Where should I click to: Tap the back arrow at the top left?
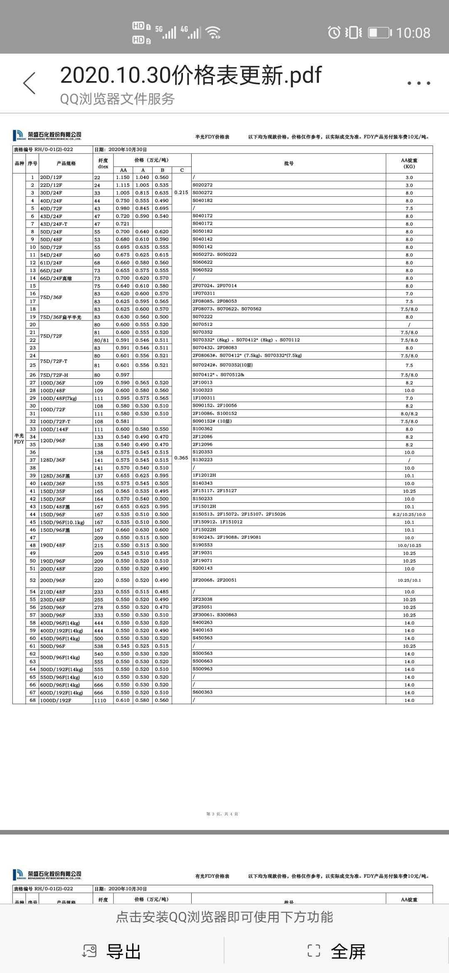coord(30,83)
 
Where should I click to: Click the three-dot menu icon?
coord(419,83)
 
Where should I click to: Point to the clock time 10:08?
coord(413,33)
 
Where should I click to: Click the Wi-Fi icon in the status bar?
coord(214,32)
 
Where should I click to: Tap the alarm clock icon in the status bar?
coord(334,32)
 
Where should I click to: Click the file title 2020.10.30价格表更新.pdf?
coord(191,75)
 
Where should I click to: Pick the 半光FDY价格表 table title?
coord(212,137)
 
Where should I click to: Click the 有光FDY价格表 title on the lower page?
coord(212,876)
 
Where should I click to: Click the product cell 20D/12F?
coord(51,178)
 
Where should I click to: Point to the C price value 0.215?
coord(181,193)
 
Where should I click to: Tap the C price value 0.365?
coord(181,458)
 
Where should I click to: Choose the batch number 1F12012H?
coord(204,475)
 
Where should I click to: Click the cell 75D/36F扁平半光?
coord(61,317)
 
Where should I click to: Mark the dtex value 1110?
coord(100,700)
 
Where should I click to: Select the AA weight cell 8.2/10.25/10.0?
coord(409,514)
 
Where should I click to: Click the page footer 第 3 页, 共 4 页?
coord(222,814)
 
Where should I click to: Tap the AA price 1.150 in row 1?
coord(123,178)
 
